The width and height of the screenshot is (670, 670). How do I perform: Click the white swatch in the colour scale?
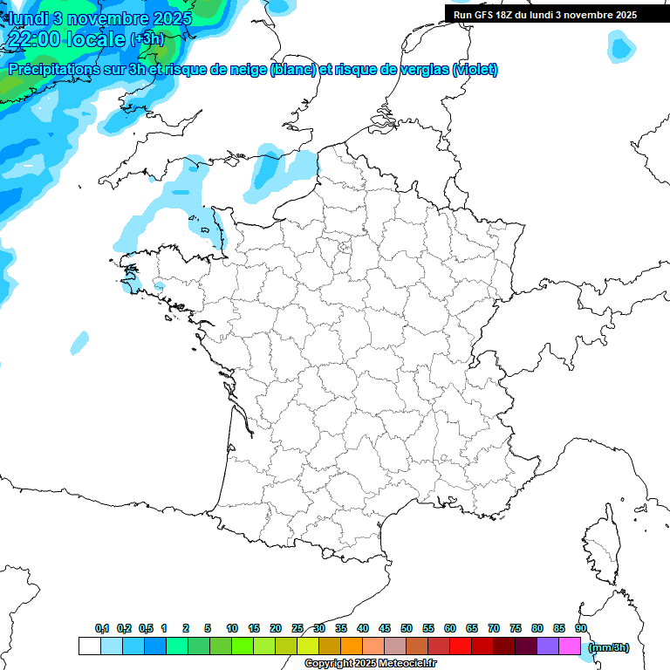tap(89, 646)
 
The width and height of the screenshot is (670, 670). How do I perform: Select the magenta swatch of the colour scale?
tap(570, 646)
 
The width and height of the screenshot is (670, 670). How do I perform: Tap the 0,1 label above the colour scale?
tap(102, 628)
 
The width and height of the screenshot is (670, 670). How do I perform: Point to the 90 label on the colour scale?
tap(580, 628)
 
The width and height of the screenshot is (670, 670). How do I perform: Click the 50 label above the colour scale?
tap(407, 628)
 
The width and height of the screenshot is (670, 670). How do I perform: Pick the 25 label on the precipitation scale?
tap(297, 628)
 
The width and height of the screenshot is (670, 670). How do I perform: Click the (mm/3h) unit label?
tap(608, 647)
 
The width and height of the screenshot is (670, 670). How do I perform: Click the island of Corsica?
tap(601, 550)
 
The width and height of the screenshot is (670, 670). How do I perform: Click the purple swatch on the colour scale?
tap(548, 646)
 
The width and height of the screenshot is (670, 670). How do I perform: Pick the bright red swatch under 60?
tap(461, 646)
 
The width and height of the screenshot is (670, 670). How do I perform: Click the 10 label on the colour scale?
tap(232, 628)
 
